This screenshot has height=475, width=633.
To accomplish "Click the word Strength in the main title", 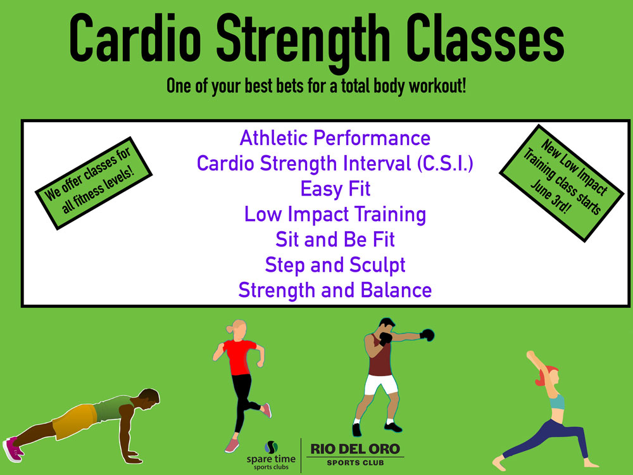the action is click(x=303, y=42).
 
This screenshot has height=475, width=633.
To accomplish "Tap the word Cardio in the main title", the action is click(x=135, y=38).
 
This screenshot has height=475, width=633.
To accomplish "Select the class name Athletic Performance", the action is click(x=335, y=138).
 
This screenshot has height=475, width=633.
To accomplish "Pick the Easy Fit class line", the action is click(x=335, y=189).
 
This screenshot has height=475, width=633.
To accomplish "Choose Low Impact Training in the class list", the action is click(x=335, y=214).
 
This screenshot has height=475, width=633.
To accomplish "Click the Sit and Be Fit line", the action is click(x=335, y=239).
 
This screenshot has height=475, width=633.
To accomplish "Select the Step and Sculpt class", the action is click(x=335, y=265).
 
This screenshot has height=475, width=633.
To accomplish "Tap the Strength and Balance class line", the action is click(x=335, y=290).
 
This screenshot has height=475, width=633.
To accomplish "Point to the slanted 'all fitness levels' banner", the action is click(x=94, y=183).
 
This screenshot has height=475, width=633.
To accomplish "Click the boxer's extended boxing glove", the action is click(x=427, y=335).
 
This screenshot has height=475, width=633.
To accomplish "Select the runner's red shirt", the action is click(x=239, y=356).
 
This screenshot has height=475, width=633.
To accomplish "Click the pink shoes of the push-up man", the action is click(x=13, y=449).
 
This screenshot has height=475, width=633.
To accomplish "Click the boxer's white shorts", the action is click(x=380, y=384).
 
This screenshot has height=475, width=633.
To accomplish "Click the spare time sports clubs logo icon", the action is click(x=272, y=447).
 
